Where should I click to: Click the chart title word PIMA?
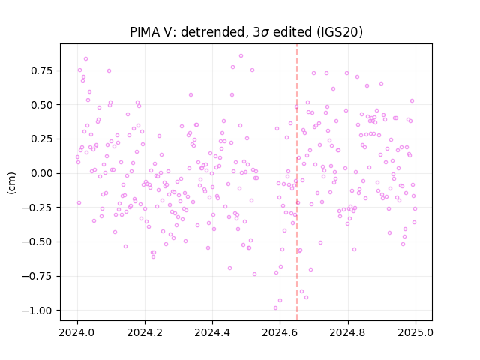click(x=143, y=32)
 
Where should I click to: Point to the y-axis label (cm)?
click(x=11, y=183)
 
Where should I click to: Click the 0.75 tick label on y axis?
click(x=42, y=70)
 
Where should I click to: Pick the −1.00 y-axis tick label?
click(x=37, y=310)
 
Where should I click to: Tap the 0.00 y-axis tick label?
click(x=42, y=173)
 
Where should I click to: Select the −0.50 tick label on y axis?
click(x=37, y=241)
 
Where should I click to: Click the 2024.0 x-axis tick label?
click(x=77, y=332)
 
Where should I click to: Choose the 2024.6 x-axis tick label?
click(x=280, y=332)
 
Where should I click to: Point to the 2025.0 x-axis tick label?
click(x=415, y=332)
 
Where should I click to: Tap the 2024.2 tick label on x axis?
click(x=145, y=332)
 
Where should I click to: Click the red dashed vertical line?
click(x=297, y=182)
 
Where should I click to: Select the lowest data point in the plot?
click(x=275, y=308)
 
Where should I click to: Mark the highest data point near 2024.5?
click(x=241, y=56)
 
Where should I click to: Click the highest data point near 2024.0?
click(x=85, y=59)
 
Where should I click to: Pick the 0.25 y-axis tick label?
click(x=42, y=139)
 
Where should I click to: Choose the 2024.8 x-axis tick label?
click(x=348, y=332)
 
